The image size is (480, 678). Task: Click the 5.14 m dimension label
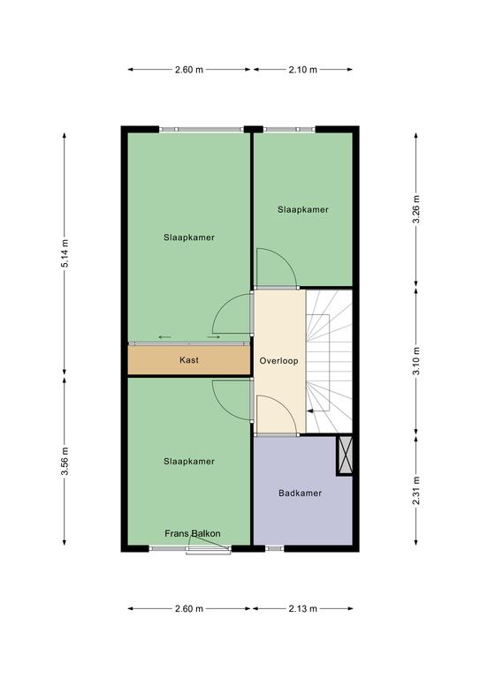pyautogui.click(x=65, y=253)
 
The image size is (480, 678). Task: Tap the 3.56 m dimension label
pyautogui.click(x=65, y=461)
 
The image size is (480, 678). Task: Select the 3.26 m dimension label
pyautogui.click(x=416, y=209)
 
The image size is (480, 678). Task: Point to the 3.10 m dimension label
pyautogui.click(x=416, y=361)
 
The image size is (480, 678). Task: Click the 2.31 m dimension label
pyautogui.click(x=416, y=490)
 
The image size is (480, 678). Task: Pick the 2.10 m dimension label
pyautogui.click(x=303, y=70)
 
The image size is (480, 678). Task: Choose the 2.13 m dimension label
pyautogui.click(x=303, y=609)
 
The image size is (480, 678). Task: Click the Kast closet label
pyautogui.click(x=189, y=360)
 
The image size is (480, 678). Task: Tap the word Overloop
pyautogui.click(x=278, y=360)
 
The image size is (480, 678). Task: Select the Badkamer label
pyautogui.click(x=300, y=493)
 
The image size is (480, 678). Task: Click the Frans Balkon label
pyautogui.click(x=193, y=533)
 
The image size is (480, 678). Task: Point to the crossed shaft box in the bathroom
pyautogui.click(x=345, y=456)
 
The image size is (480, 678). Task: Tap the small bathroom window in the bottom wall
pyautogui.click(x=274, y=548)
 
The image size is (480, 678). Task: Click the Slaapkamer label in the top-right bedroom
pyautogui.click(x=303, y=210)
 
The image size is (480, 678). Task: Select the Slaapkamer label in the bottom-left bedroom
pyautogui.click(x=189, y=462)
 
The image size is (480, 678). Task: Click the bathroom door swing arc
pyautogui.click(x=286, y=406)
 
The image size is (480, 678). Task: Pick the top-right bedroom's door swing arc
pyautogui.click(x=286, y=260)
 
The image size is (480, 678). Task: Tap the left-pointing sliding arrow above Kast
pyautogui.click(x=165, y=337)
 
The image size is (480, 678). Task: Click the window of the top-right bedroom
pyautogui.click(x=289, y=129)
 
